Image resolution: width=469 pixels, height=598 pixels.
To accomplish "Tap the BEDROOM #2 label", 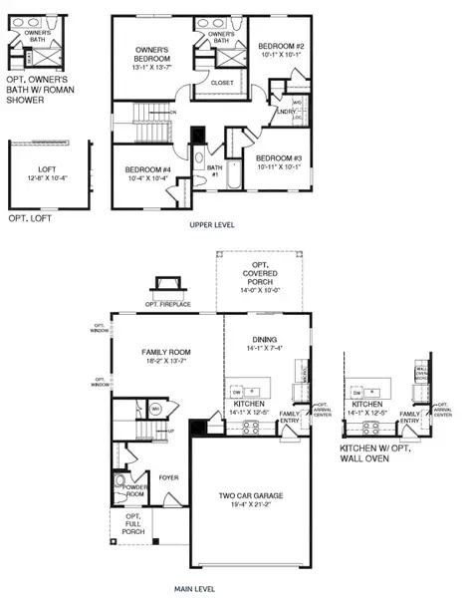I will coord(279,46).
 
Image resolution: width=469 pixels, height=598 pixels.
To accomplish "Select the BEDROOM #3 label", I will coord(279,158).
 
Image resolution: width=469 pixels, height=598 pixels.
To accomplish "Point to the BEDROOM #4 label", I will coord(147,170).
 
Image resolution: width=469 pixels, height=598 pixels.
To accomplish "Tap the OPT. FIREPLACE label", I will coord(166,304).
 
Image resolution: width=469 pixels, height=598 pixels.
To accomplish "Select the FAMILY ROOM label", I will coord(165,353).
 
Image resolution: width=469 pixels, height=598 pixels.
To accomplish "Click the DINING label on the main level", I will coord(265,339).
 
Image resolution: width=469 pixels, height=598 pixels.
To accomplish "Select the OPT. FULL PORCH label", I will coord(131,523).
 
